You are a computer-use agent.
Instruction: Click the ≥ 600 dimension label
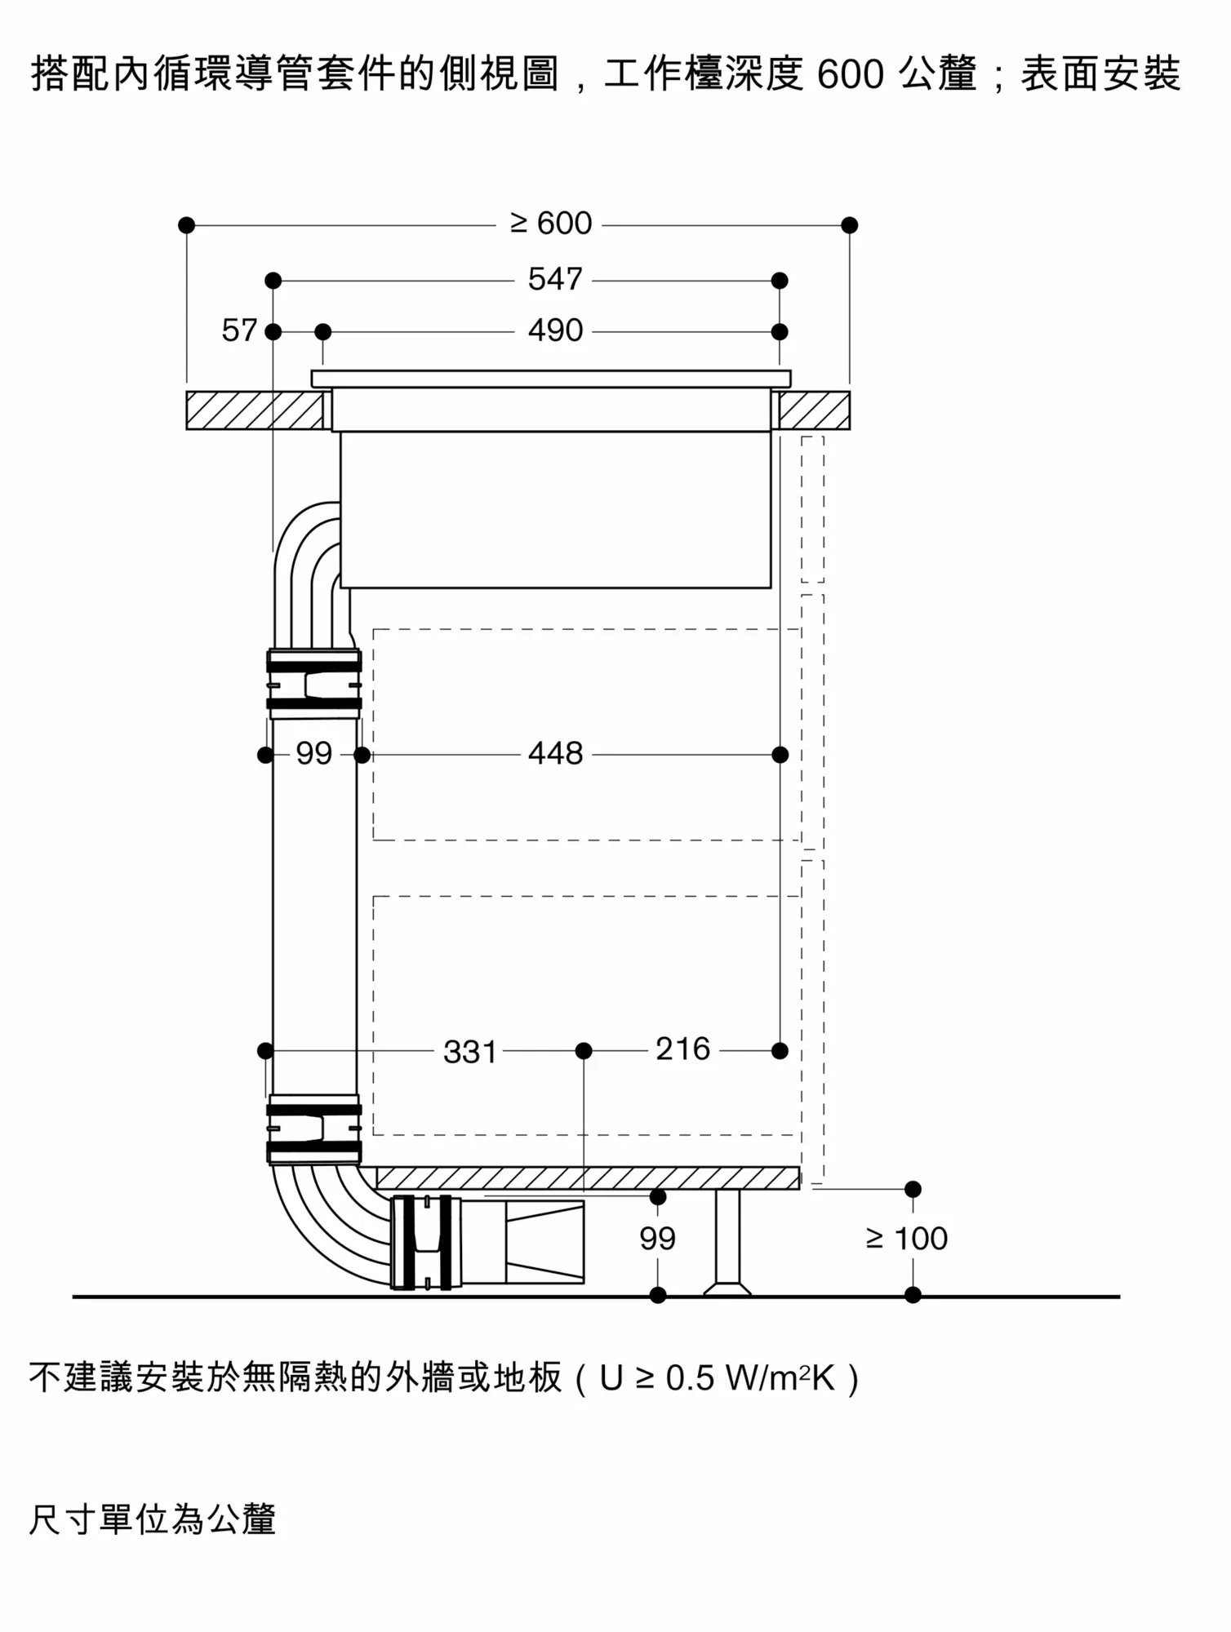click(x=551, y=224)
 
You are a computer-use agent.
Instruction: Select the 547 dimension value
click(x=555, y=279)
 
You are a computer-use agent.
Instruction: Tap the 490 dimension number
click(x=555, y=330)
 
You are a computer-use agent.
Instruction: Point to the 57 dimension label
click(x=239, y=330)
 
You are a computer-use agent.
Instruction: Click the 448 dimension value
click(x=555, y=753)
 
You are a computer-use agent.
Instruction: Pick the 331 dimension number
click(x=470, y=1052)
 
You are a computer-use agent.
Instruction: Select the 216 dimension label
click(x=682, y=1049)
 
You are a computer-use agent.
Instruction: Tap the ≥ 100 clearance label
click(x=906, y=1239)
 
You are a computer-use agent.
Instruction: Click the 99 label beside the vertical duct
click(x=314, y=753)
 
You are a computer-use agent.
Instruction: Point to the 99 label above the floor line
click(x=657, y=1239)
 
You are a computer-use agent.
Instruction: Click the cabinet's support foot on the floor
click(x=727, y=1242)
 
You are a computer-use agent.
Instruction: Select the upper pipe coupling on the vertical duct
click(x=314, y=684)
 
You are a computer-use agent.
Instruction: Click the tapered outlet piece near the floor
click(x=545, y=1241)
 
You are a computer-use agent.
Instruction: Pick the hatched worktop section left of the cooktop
click(x=255, y=410)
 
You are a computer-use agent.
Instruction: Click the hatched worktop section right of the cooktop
click(x=815, y=410)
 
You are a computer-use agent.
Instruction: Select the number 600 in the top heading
click(x=850, y=75)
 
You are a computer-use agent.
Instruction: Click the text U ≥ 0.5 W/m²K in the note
click(x=718, y=1378)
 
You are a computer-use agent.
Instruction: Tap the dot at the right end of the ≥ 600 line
click(x=850, y=225)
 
